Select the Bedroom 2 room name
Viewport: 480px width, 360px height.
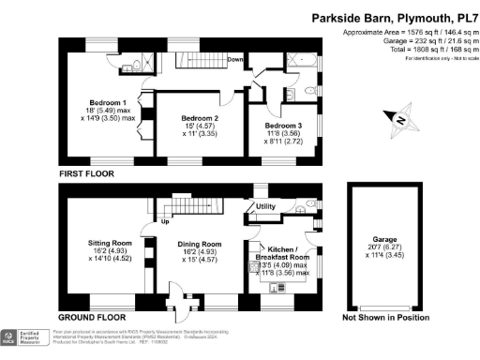pyautogui.click(x=200, y=118)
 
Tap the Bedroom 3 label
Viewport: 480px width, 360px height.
pyautogui.click(x=283, y=125)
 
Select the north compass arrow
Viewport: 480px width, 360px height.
pyautogui.click(x=397, y=120)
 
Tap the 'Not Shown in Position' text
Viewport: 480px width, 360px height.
pyautogui.click(x=385, y=318)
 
